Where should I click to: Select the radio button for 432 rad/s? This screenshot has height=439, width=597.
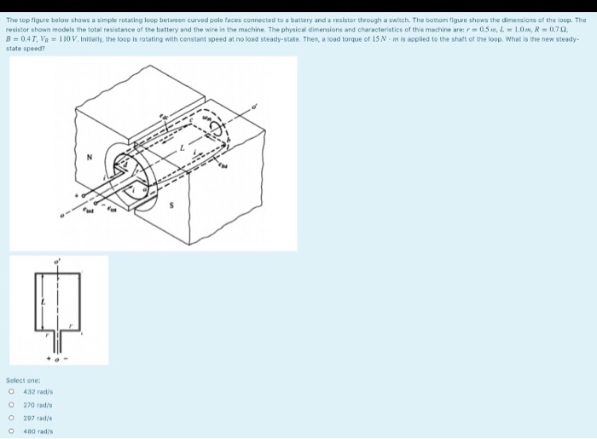click(x=12, y=391)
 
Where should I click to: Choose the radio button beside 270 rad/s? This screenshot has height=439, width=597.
click(x=12, y=405)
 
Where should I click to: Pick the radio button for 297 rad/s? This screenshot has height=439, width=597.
click(x=12, y=419)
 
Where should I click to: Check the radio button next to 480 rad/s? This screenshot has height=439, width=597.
click(x=12, y=432)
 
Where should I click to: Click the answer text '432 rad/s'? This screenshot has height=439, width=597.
click(x=39, y=391)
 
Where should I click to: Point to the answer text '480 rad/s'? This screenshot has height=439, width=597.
click(x=39, y=432)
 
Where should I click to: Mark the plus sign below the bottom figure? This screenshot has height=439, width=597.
click(x=49, y=357)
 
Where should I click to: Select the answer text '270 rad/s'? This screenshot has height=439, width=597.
click(x=39, y=405)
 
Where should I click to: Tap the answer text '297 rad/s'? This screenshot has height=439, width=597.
click(x=39, y=419)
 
